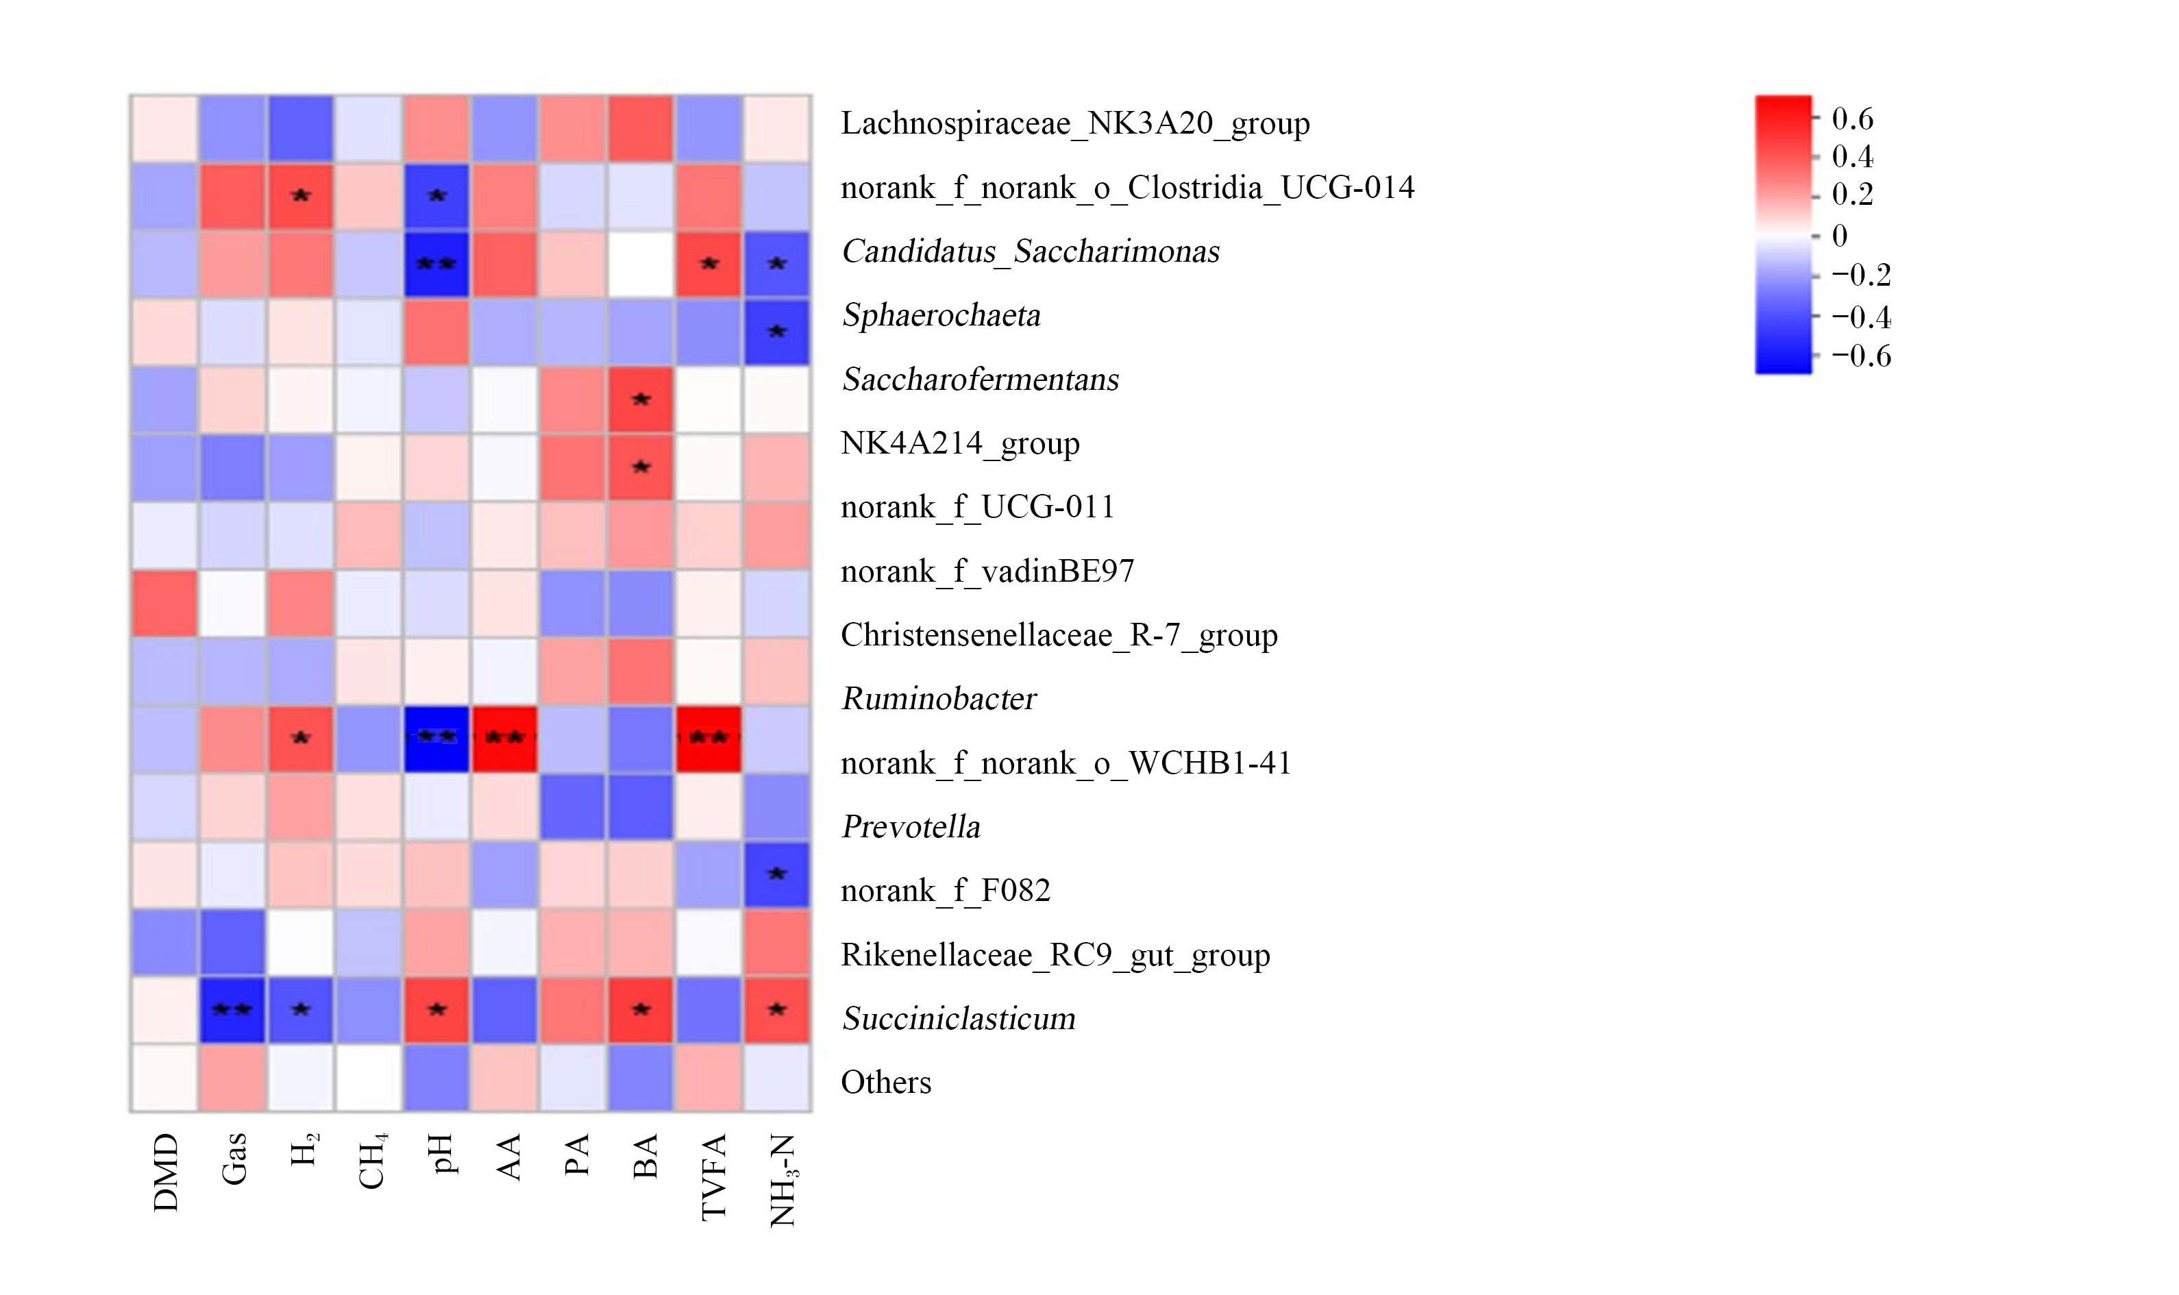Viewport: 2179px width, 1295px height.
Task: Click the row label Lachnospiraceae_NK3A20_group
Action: pyautogui.click(x=1075, y=123)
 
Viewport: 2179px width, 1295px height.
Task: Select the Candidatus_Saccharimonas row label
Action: pyautogui.click(x=1031, y=251)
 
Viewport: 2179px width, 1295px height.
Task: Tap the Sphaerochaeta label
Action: pyautogui.click(x=941, y=315)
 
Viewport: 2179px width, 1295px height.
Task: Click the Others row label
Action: pyautogui.click(x=886, y=1082)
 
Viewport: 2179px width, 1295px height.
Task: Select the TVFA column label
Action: pyautogui.click(x=713, y=1177)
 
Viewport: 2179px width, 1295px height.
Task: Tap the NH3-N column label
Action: pyautogui.click(x=783, y=1181)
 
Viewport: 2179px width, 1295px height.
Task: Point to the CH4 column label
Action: pyautogui.click(x=372, y=1161)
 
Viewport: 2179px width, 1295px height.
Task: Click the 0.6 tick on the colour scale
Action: pyautogui.click(x=1851, y=119)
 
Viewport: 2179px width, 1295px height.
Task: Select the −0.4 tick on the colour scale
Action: pyautogui.click(x=1860, y=317)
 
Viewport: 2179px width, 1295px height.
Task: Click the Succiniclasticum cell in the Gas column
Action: pyautogui.click(x=232, y=1010)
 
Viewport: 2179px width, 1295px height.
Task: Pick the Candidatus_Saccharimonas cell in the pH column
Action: pyautogui.click(x=436, y=264)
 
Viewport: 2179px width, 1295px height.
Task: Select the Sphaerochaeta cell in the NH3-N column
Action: pyautogui.click(x=776, y=332)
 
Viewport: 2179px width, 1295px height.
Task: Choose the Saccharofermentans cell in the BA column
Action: pyautogui.click(x=641, y=399)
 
